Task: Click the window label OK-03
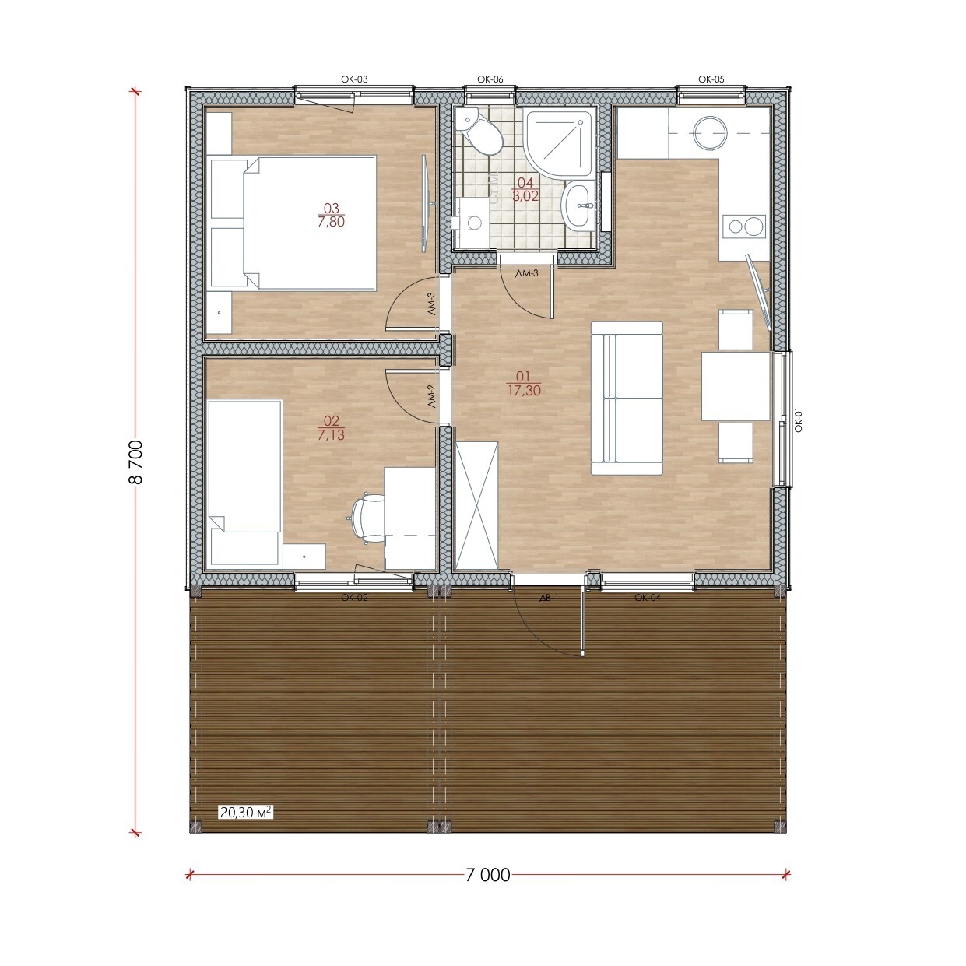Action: (x=354, y=79)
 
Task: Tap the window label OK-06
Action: (x=490, y=79)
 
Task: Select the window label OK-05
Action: (x=711, y=79)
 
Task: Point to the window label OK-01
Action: (x=799, y=419)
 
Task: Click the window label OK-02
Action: (x=354, y=598)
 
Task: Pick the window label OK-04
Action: (x=647, y=598)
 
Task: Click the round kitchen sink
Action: (x=710, y=133)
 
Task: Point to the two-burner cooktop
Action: (x=744, y=227)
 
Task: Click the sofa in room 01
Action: (x=627, y=398)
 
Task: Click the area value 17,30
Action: (x=525, y=391)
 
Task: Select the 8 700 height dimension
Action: (x=136, y=462)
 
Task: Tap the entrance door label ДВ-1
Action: (x=549, y=598)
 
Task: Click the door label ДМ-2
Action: (x=431, y=396)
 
